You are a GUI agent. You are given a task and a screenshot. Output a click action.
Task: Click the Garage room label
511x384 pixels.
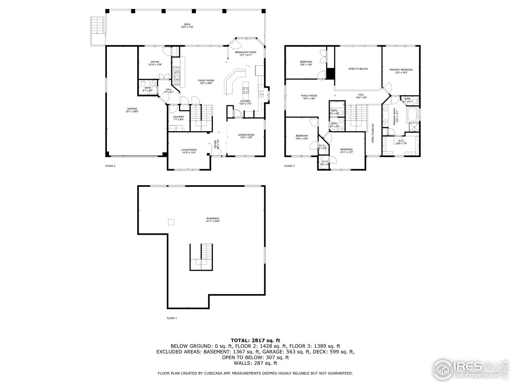132,110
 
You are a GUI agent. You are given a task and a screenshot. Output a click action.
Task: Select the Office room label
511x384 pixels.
155,63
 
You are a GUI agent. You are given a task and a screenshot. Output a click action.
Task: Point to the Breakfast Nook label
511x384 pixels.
246,53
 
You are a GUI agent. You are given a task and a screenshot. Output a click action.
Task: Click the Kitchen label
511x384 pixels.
245,102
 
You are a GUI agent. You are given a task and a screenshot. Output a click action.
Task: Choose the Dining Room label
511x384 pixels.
246,136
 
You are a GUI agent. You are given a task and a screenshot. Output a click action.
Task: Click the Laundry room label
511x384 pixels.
178,118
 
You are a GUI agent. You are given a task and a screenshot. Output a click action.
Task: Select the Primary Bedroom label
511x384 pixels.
401,71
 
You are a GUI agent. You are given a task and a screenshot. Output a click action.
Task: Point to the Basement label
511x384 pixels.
213,220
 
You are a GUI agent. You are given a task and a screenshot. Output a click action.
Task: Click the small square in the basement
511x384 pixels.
171,222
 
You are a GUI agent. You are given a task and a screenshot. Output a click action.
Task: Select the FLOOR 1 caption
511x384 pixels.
172,318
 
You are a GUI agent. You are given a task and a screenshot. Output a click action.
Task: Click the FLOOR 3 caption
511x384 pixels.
289,166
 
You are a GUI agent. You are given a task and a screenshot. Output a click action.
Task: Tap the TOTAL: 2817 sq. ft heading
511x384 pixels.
255,340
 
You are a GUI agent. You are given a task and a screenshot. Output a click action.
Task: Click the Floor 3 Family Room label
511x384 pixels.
309,97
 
